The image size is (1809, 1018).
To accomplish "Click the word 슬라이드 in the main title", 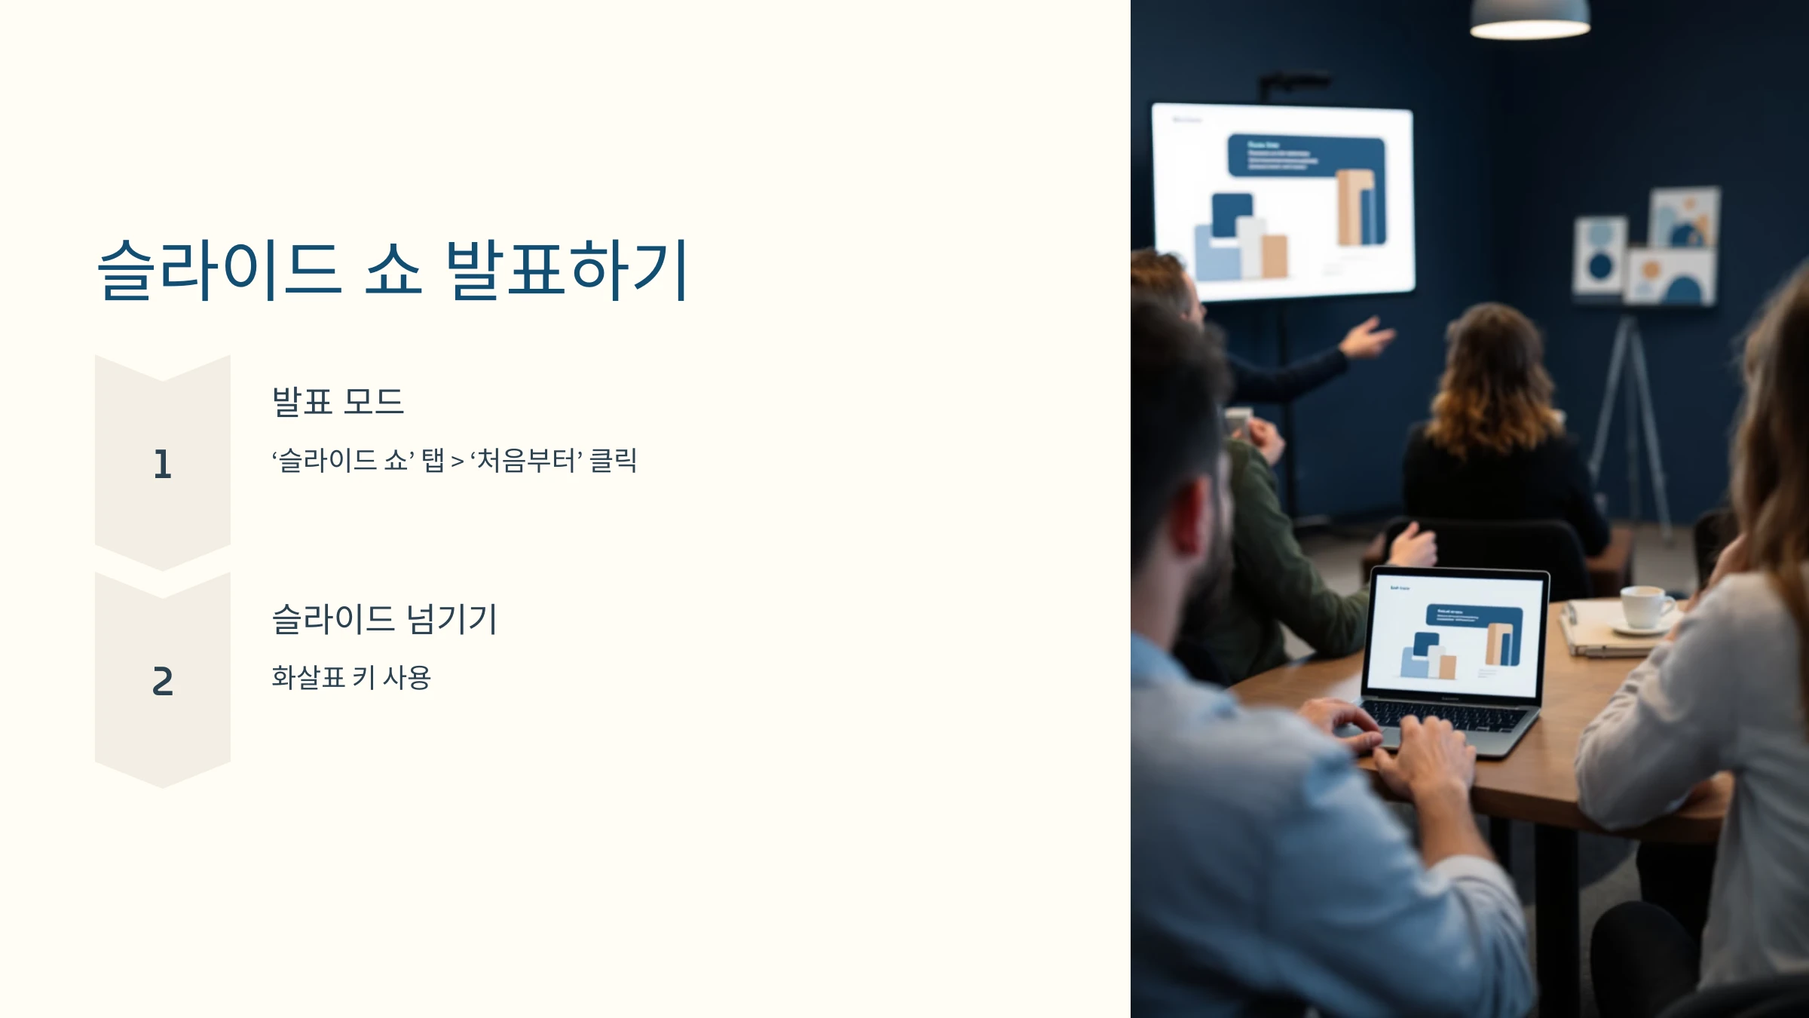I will point(219,269).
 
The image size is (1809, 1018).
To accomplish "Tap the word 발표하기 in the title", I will point(567,269).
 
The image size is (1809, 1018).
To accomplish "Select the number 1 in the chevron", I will point(163,464).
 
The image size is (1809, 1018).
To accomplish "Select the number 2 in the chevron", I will point(163,681).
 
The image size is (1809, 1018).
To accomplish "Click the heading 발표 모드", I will point(338,401).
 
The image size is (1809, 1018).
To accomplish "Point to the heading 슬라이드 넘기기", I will point(384,619).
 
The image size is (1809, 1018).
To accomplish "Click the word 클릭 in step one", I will point(613,460).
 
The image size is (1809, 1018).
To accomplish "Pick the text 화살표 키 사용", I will point(351,677).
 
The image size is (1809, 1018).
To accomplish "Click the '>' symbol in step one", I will point(458,461).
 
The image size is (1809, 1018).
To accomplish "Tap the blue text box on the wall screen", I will point(1305,156).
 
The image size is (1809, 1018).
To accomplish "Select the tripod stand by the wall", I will point(1628,422).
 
